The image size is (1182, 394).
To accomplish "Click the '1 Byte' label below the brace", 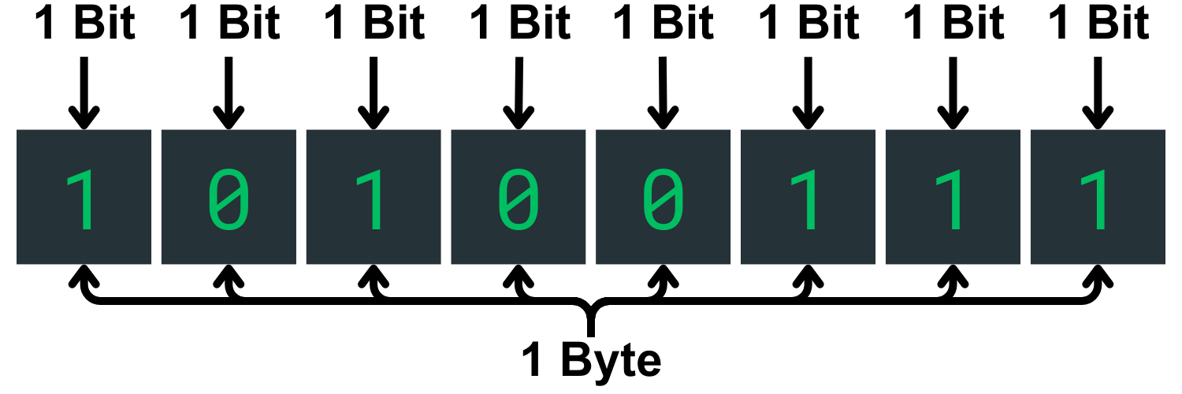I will coord(591,362).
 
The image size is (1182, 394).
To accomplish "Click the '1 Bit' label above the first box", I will coord(85,24).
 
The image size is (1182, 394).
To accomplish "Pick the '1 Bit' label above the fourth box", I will coord(519,24).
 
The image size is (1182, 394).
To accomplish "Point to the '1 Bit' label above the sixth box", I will coord(808,24).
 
